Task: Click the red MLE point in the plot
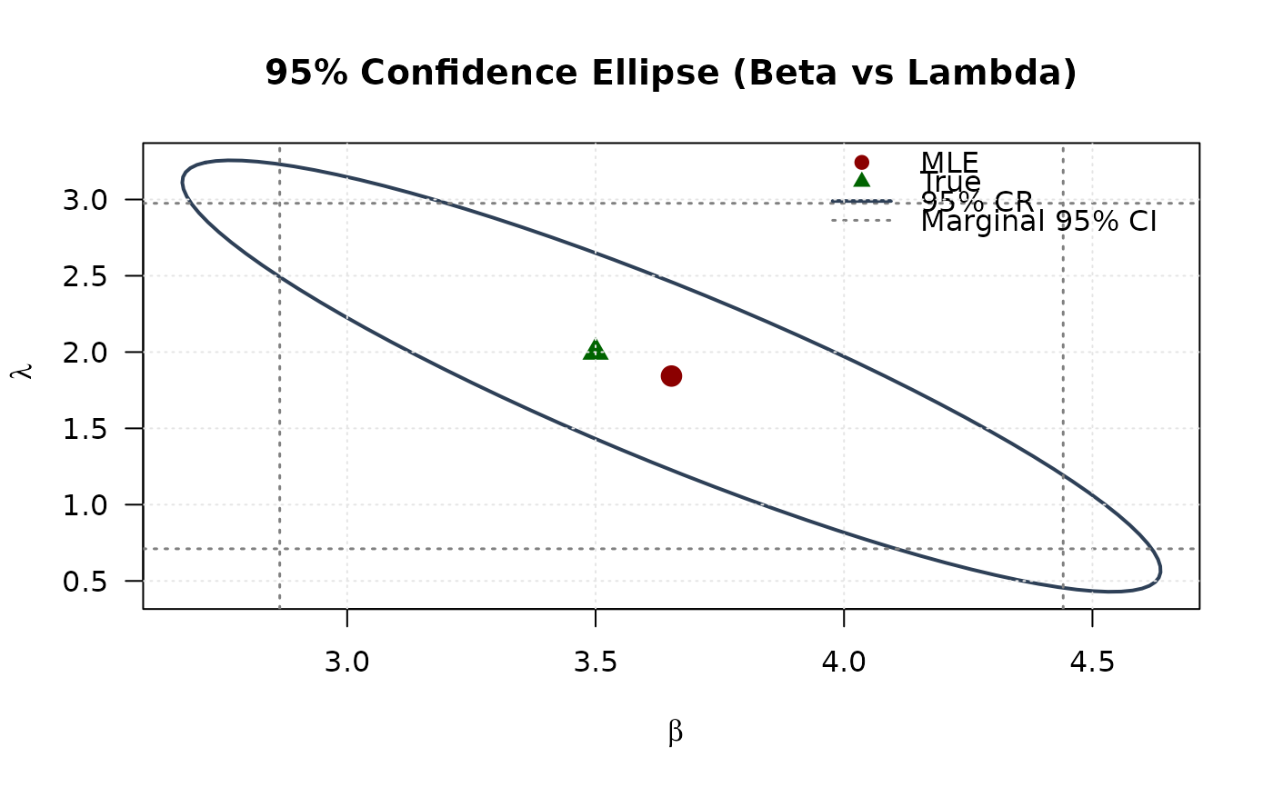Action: click(x=671, y=376)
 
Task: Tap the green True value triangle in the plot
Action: click(x=596, y=350)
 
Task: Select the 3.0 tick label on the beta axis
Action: click(x=347, y=662)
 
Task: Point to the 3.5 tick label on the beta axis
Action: click(x=596, y=662)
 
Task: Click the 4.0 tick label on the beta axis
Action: click(x=844, y=662)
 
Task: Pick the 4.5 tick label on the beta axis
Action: click(x=1091, y=662)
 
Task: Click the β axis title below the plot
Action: click(x=675, y=732)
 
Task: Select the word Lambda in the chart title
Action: click(x=1010, y=74)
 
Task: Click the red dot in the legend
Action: click(x=862, y=162)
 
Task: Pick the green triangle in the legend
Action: click(x=862, y=180)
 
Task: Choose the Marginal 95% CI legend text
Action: click(x=1038, y=221)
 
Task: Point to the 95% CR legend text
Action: click(x=977, y=201)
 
